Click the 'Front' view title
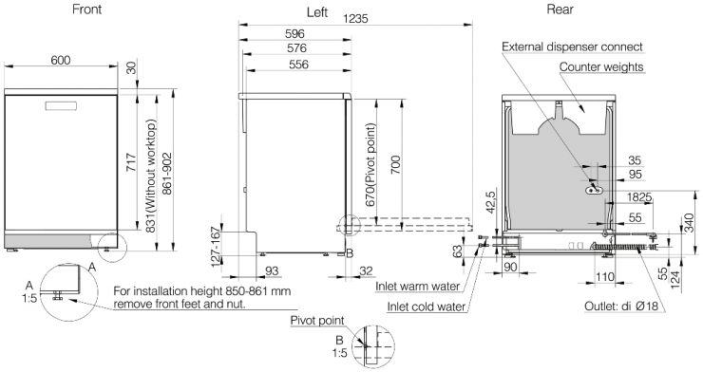[87, 9]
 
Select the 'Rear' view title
[560, 9]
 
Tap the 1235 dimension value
[355, 18]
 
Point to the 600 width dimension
[61, 60]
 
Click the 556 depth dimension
[298, 65]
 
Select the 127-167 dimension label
[216, 247]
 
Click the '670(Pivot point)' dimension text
[370, 165]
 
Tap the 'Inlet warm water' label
[417, 287]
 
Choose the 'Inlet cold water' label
[427, 307]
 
